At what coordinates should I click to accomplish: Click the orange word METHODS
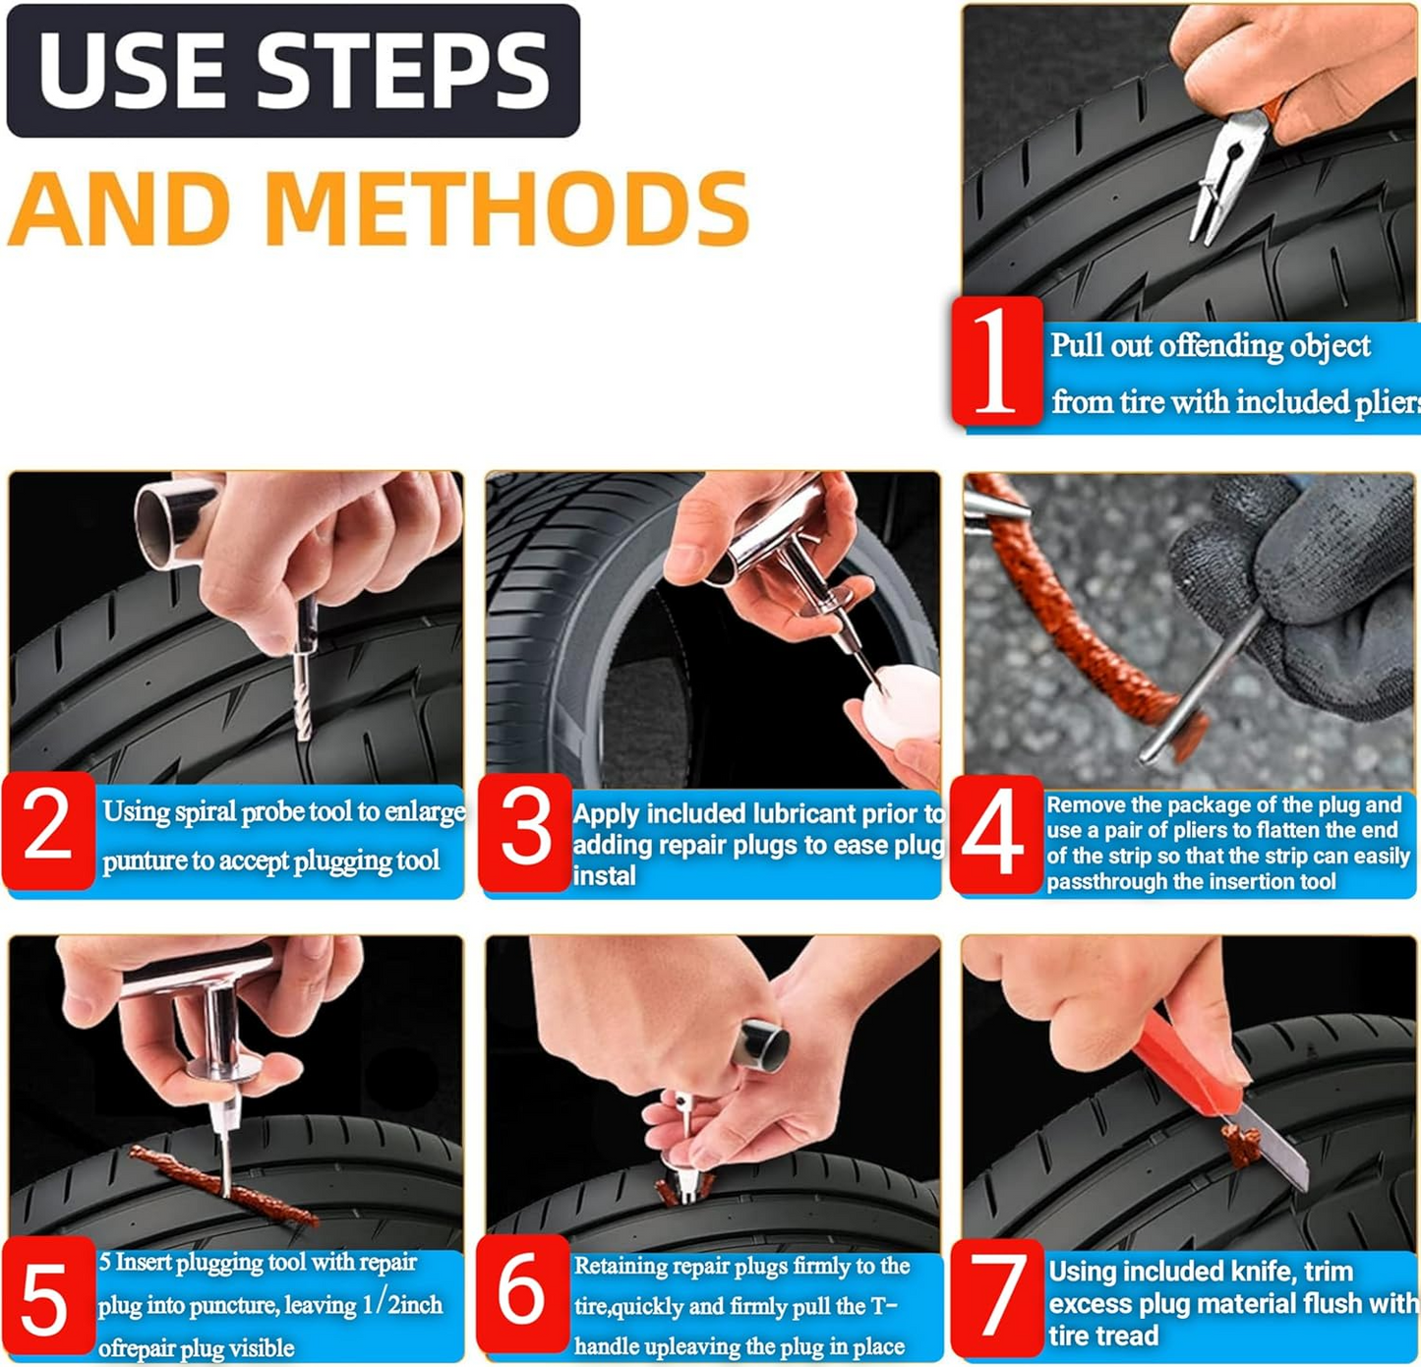tap(506, 209)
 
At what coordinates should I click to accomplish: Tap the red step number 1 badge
tap(997, 361)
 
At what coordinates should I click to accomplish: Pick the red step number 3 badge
tap(525, 832)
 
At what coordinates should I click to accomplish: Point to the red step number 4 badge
tap(994, 834)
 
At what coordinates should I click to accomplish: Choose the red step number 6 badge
tap(521, 1293)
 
